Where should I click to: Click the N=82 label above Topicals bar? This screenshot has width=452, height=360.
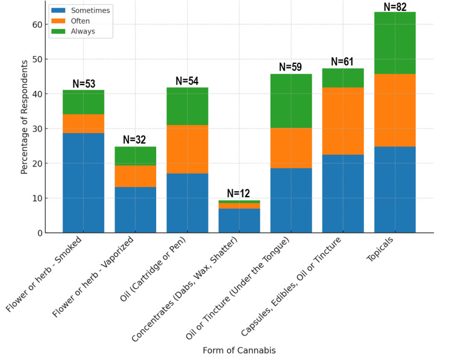pos(395,7)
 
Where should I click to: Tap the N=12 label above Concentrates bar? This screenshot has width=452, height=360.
pos(239,194)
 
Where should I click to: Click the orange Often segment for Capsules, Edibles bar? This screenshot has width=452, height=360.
pos(343,121)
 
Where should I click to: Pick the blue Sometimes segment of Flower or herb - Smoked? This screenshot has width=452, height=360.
pos(83,183)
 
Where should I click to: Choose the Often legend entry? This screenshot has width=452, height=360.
pos(80,21)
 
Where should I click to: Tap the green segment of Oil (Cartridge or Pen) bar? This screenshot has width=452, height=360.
pos(187,106)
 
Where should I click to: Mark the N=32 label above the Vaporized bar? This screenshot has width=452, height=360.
pos(135,140)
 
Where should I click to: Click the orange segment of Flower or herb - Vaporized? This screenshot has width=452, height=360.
pos(135,176)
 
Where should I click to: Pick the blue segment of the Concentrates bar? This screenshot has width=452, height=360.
pos(239,220)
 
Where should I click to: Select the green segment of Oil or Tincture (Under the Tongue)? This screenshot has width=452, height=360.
pos(291,101)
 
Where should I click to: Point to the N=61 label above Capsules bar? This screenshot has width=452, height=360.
pos(343,62)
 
